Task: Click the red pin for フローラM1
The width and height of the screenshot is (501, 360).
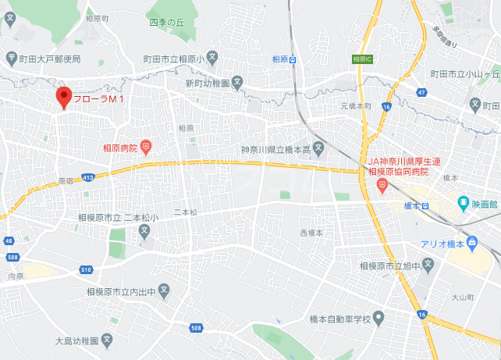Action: [64, 97]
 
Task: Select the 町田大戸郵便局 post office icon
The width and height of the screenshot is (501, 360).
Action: [11, 58]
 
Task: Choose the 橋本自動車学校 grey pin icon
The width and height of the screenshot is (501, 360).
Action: [378, 319]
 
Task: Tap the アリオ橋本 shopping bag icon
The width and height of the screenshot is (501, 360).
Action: [473, 244]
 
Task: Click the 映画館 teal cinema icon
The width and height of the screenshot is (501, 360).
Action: [463, 204]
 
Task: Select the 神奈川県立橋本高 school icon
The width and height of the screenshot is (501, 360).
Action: [318, 148]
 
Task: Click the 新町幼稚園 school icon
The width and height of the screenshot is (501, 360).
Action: [238, 82]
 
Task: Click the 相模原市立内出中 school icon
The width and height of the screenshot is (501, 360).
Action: [164, 291]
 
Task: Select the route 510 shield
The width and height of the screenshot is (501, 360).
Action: [85, 270]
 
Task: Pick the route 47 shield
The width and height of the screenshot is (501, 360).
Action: [421, 92]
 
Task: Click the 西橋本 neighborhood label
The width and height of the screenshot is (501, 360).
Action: [311, 233]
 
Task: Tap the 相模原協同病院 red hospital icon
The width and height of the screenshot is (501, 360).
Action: [382, 185]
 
